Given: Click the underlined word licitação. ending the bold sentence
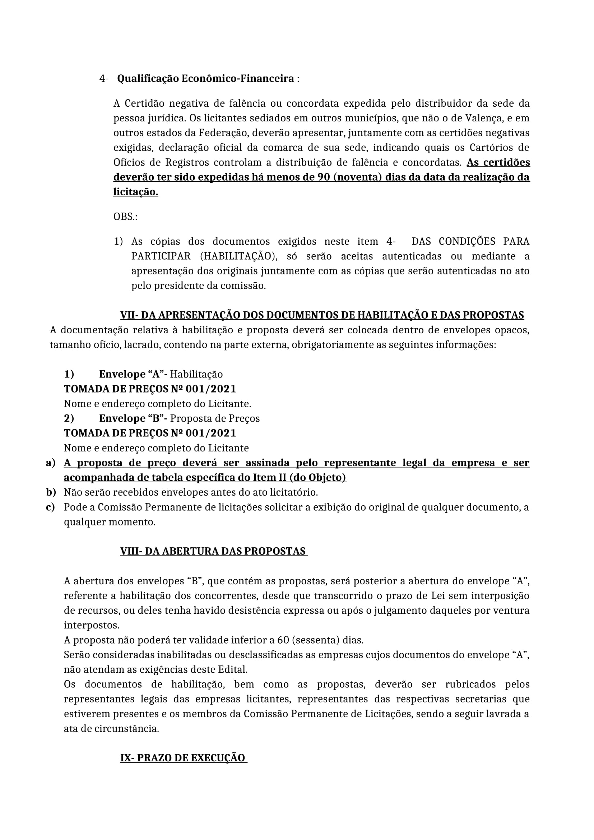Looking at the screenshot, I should (x=135, y=192).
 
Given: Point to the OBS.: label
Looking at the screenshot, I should (x=125, y=217).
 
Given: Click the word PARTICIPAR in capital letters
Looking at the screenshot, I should (x=161, y=256).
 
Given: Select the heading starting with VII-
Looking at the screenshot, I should (x=322, y=315).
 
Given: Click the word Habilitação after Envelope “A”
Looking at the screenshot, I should (x=196, y=374).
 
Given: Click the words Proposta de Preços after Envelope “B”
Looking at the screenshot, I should (x=215, y=418).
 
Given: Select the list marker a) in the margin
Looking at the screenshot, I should (x=51, y=463).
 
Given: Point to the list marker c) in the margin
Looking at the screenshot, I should (x=51, y=507).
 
